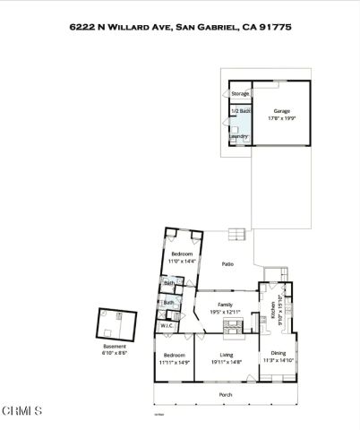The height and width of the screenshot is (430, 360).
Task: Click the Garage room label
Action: (x=282, y=111)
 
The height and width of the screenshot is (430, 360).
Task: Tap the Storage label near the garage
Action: (x=240, y=93)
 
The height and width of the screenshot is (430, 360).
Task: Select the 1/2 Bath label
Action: (x=240, y=111)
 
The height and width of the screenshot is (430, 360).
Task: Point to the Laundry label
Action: (x=238, y=136)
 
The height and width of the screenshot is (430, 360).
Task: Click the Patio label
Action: (x=227, y=264)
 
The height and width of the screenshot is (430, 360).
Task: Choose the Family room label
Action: (x=227, y=305)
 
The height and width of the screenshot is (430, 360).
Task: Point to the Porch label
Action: (x=226, y=394)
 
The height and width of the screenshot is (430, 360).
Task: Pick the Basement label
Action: (x=115, y=347)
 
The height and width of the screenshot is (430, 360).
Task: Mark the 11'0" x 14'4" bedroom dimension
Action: (x=183, y=261)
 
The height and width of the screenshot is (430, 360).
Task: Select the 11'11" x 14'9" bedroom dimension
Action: (x=175, y=362)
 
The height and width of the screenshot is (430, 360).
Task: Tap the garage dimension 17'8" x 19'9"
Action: (x=282, y=117)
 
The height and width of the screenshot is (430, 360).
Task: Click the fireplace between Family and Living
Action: (x=227, y=331)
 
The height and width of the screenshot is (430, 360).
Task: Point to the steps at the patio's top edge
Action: (x=236, y=236)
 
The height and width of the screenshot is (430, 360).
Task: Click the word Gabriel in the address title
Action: (x=211, y=27)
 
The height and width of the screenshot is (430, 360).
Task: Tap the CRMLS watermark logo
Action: (x=21, y=411)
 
